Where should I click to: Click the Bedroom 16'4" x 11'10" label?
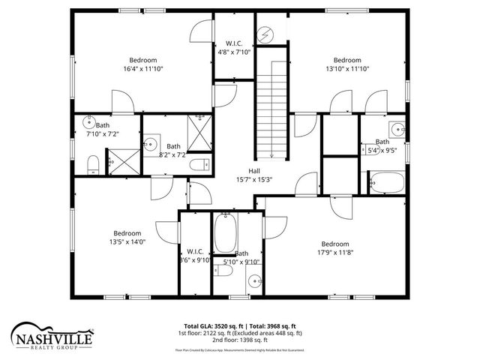[142, 64]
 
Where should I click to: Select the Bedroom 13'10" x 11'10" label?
[346, 64]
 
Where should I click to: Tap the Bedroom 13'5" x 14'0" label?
[127, 237]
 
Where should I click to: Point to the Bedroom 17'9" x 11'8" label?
[334, 248]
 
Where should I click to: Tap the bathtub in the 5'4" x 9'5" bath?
[386, 181]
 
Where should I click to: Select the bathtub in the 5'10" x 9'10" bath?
[225, 233]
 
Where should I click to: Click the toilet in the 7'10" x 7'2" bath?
[93, 164]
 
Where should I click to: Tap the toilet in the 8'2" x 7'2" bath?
[198, 166]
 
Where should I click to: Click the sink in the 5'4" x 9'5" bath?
[394, 126]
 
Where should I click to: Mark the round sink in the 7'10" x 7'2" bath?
[88, 124]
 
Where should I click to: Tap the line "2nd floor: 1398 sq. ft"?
[240, 340]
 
